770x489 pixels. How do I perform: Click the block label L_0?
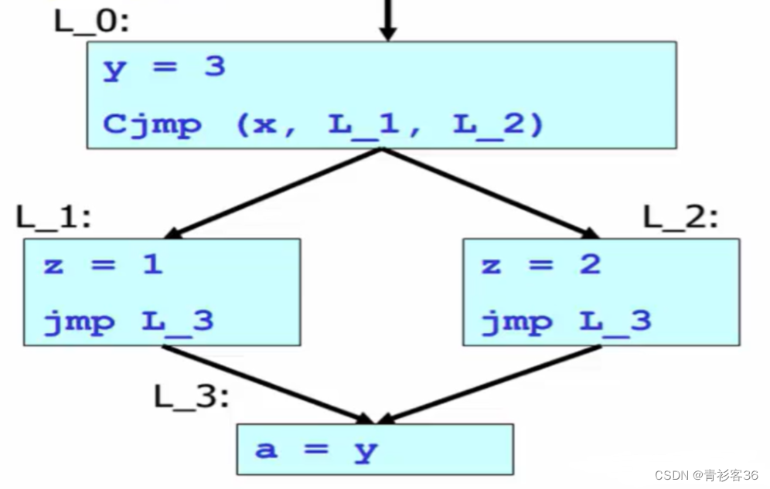91,21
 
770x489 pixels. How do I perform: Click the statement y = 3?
164,67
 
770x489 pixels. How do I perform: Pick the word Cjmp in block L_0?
152,124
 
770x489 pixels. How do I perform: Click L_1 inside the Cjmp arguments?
364,124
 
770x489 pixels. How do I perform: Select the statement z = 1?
103,265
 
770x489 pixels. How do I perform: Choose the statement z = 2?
540,265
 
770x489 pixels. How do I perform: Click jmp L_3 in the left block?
128,320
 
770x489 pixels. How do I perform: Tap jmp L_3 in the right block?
567,320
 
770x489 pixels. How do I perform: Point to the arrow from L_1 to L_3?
263,384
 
